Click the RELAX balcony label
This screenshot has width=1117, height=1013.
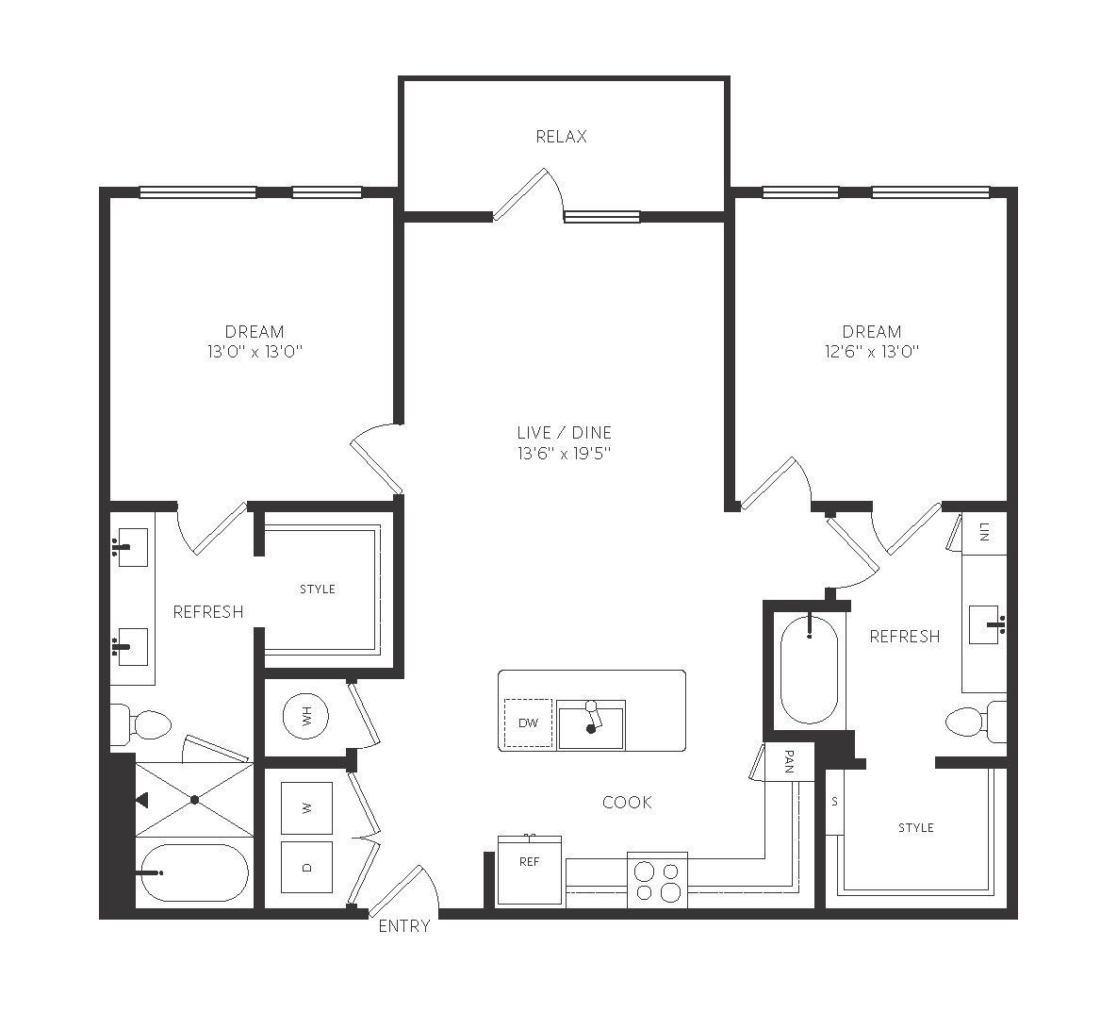[x=562, y=136]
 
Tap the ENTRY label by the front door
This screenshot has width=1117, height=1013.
[x=404, y=926]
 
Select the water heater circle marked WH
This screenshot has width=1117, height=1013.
[x=306, y=716]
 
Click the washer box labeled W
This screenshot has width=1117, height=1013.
[x=307, y=807]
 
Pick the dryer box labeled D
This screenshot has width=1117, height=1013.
[x=307, y=867]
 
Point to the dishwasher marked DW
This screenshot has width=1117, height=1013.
[x=529, y=722]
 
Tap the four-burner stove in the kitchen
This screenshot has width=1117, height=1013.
[x=658, y=880]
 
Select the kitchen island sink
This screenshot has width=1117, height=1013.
[x=591, y=725]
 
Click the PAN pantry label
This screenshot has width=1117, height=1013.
[x=789, y=761]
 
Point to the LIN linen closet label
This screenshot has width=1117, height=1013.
[x=984, y=532]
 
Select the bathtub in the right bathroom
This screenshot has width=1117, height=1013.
[x=810, y=670]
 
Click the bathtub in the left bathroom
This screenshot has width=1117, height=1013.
[x=193, y=872]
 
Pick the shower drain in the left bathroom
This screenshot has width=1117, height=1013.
[x=194, y=800]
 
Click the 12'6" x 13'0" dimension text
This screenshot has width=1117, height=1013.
[x=872, y=352]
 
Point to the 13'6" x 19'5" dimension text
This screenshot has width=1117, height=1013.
[x=565, y=453]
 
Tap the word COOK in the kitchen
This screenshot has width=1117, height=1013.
[x=627, y=802]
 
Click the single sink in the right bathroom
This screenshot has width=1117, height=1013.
[x=986, y=624]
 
